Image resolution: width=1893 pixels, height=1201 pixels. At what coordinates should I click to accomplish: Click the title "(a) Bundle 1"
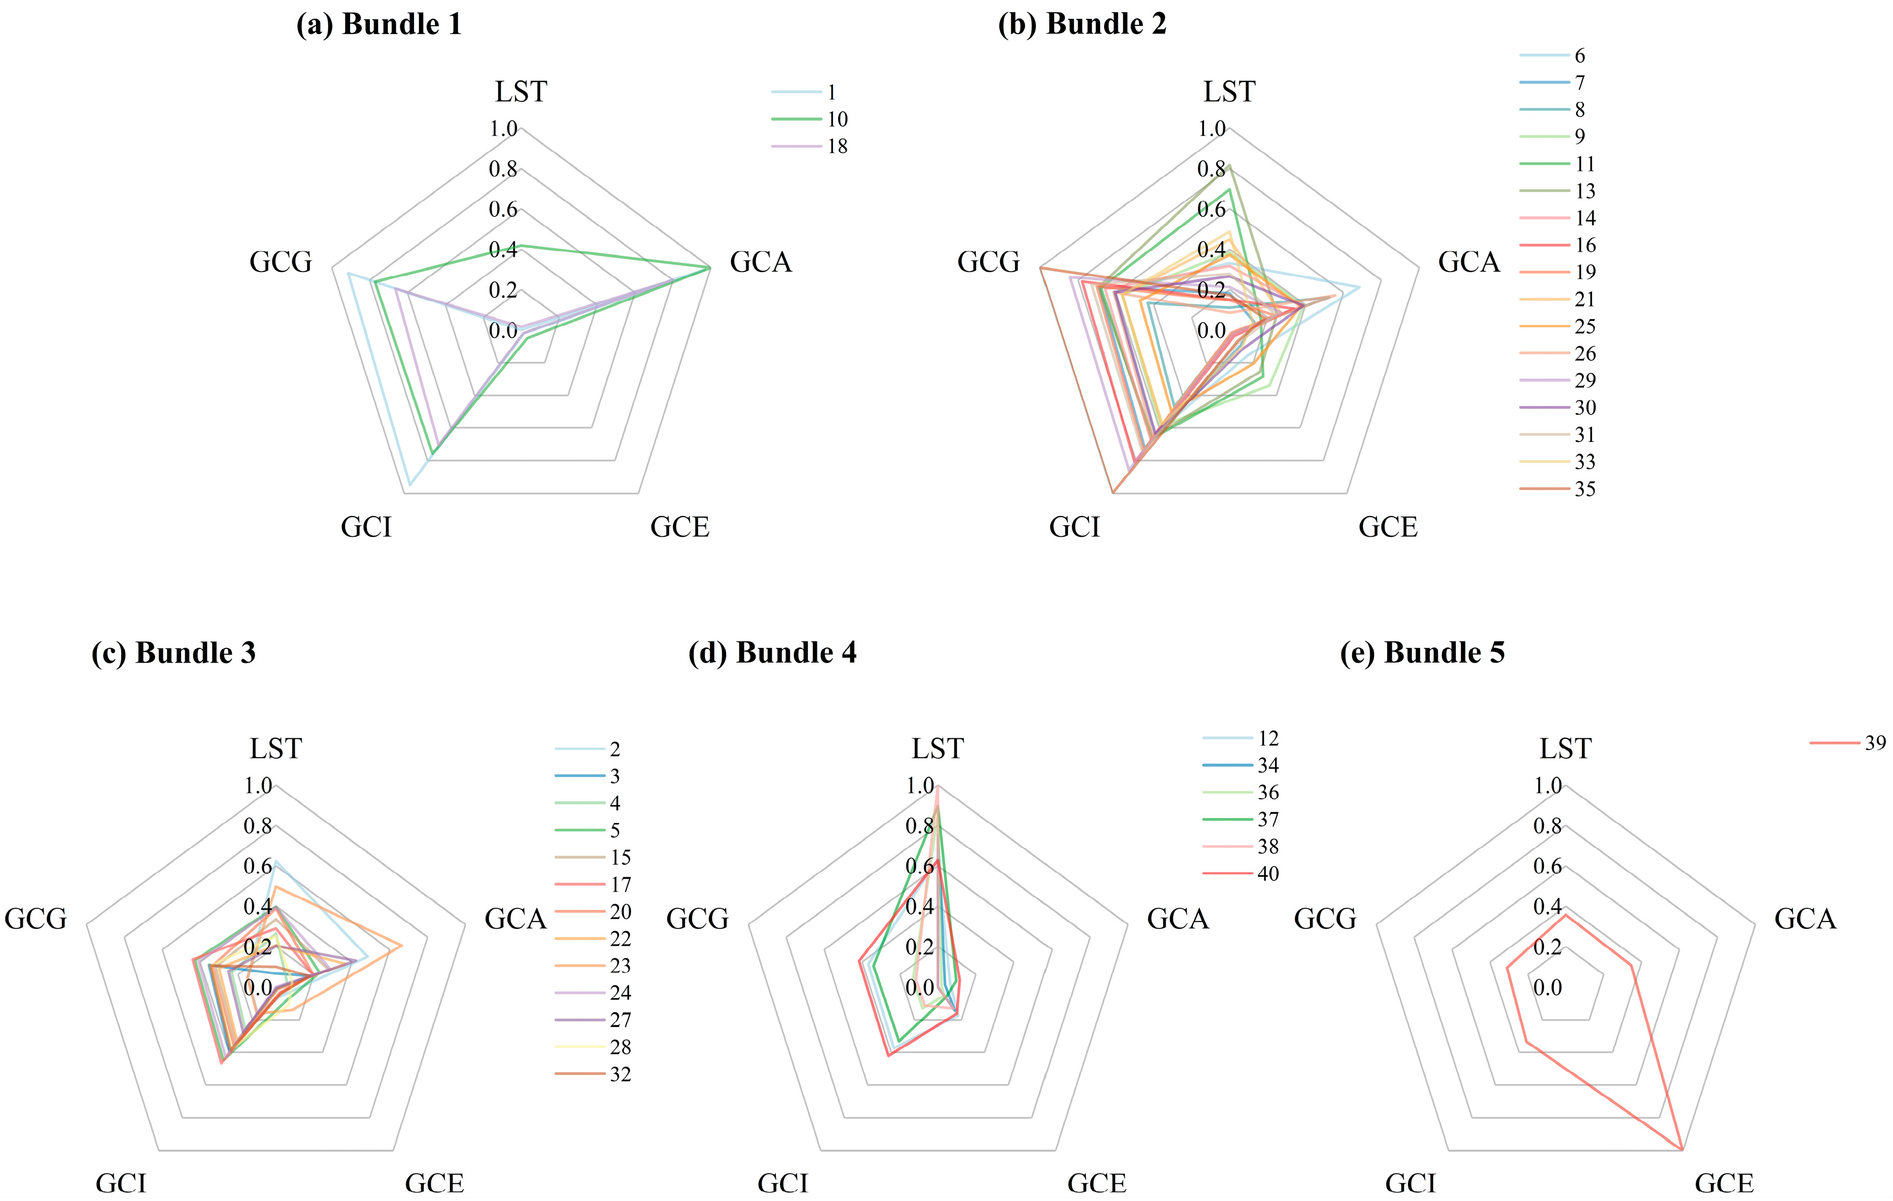(x=379, y=24)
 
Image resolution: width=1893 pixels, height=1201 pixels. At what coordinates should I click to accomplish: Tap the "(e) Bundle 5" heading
(x=1422, y=653)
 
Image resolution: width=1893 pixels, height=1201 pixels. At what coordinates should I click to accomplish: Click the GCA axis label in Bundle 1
(x=760, y=262)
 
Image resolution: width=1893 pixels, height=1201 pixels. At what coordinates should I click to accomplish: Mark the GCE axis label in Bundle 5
(x=1724, y=1183)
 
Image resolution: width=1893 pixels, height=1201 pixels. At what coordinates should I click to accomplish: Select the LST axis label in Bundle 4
(x=937, y=749)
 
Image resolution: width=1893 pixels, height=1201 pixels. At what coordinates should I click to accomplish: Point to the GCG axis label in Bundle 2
(x=988, y=262)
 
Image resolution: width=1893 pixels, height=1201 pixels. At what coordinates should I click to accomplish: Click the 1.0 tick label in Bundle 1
(x=503, y=129)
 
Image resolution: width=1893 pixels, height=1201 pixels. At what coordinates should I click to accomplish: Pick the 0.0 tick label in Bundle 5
(x=1547, y=988)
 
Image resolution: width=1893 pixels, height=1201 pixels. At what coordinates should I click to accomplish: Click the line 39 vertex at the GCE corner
(x=1681, y=1150)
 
